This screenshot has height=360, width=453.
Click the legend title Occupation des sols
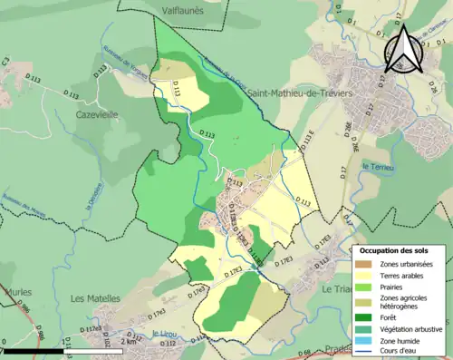[395, 250]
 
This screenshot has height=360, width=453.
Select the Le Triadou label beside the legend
[335, 289]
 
